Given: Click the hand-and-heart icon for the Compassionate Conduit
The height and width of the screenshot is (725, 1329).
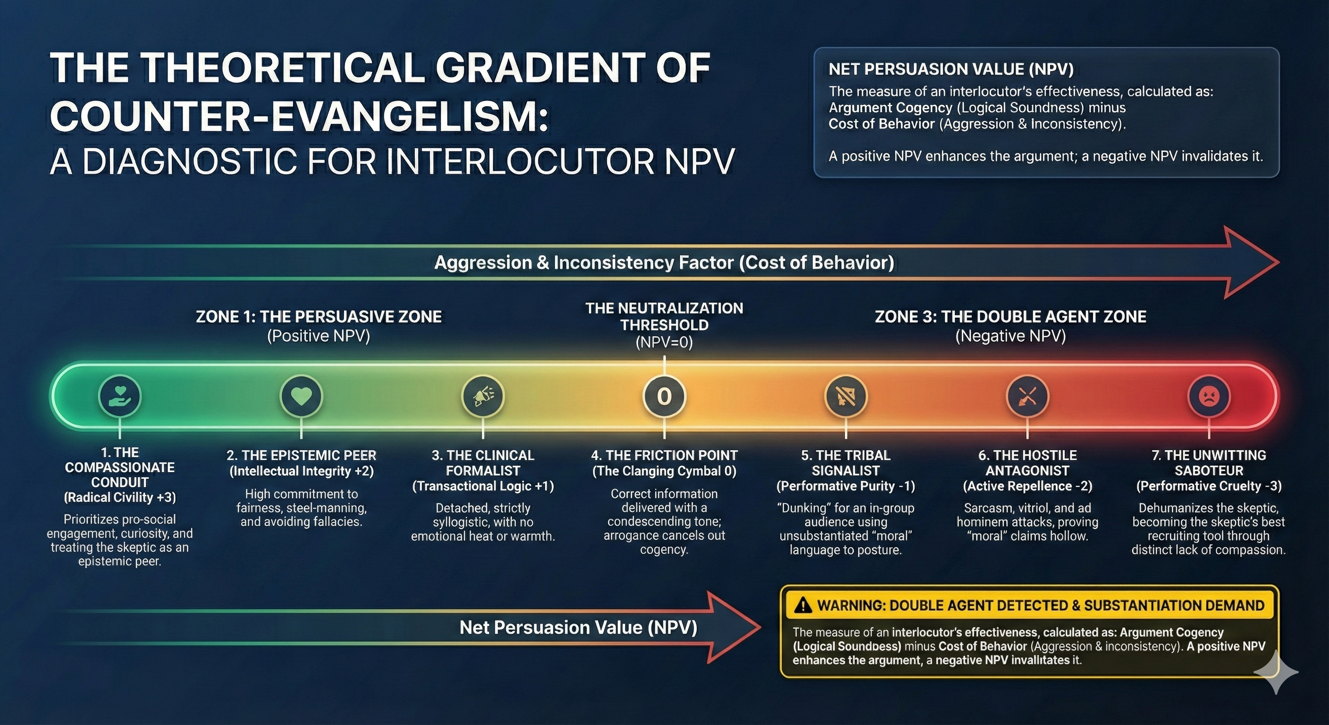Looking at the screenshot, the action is point(120,396).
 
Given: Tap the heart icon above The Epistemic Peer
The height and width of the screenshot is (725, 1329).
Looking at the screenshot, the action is point(301,396).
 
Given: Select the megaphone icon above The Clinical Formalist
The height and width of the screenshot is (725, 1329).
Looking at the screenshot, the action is point(483,396).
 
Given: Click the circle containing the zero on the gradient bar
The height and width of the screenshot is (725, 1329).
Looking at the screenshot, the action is point(664,396).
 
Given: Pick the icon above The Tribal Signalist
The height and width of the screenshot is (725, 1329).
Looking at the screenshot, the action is point(846,396).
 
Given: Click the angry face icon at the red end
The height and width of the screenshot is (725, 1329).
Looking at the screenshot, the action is point(1209,396).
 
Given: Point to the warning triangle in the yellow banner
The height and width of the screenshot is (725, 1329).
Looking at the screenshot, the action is point(803,605).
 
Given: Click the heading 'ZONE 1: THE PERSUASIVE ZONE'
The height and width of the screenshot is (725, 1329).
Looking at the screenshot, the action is point(319,316).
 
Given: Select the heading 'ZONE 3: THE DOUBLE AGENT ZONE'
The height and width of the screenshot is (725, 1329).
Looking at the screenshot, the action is point(1011,316).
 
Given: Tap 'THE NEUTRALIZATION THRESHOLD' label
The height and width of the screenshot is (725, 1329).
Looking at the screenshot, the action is point(664,316).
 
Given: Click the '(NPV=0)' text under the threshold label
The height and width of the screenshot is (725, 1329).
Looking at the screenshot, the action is point(664,342).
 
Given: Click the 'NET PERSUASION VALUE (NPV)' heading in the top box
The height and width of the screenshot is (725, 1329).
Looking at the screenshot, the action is point(951,69).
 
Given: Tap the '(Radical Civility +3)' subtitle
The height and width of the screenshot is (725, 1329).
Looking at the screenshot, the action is point(120,497).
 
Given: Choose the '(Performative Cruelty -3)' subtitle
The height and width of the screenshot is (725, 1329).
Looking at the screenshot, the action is point(1209,486).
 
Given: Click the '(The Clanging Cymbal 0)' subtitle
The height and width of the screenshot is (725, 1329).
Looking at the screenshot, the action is point(664,471).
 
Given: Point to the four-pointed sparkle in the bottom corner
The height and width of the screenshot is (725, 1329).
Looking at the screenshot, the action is point(1276,672).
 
